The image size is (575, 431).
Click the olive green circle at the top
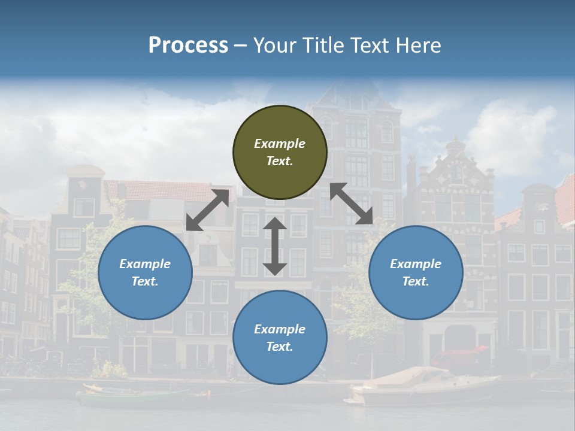pyautogui.click(x=280, y=153)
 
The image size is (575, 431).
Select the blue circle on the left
pyautogui.click(x=145, y=273)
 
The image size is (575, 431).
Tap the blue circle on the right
pyautogui.click(x=416, y=273)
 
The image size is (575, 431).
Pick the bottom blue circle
pyautogui.click(x=280, y=338)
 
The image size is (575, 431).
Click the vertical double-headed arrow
pyautogui.click(x=275, y=246)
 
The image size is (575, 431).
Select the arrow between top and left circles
pyautogui.click(x=207, y=210)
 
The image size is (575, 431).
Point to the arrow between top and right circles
pyautogui.click(x=352, y=204)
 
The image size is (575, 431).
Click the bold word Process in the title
pyautogui.click(x=188, y=45)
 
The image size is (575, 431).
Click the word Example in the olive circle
pyautogui.click(x=280, y=144)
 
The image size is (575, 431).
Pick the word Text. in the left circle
pyautogui.click(x=145, y=281)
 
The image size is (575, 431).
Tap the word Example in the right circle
pyautogui.click(x=416, y=264)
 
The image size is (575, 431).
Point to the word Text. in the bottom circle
pyautogui.click(x=280, y=347)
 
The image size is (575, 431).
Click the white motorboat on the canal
pyautogui.click(x=425, y=386)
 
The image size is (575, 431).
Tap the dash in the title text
pyautogui.click(x=241, y=45)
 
